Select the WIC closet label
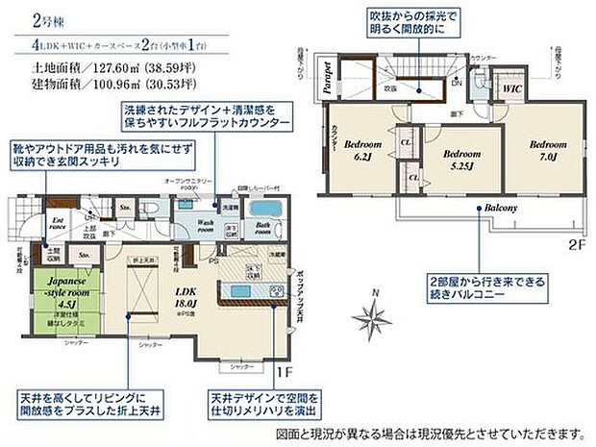pos(512,88)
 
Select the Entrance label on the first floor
pos(57,223)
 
